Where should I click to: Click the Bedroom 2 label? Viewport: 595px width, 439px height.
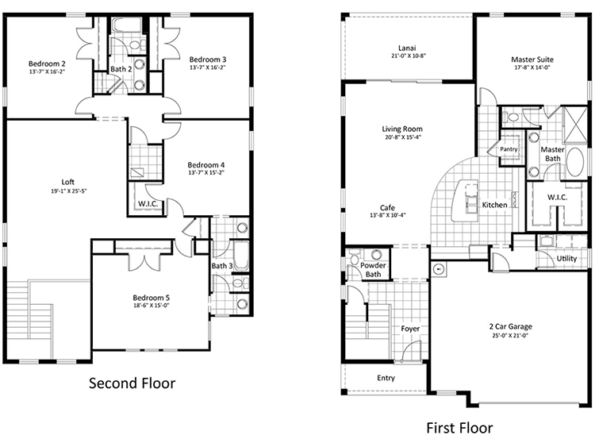pos(47,64)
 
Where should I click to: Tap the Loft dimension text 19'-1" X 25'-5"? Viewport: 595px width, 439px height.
pos(69,191)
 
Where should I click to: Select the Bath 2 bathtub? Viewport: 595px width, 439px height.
pos(127,25)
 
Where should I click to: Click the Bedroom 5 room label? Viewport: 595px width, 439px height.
pos(151,298)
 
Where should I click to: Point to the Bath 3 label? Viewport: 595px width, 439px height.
pos(222,266)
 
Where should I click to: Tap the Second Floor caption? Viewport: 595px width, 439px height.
pos(132,383)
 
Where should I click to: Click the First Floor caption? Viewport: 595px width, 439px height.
pos(459,428)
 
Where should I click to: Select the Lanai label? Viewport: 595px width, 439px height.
pos(407,48)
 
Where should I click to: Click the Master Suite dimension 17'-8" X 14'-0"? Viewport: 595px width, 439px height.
pos(532,67)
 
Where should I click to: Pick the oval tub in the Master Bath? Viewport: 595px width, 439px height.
pos(575,162)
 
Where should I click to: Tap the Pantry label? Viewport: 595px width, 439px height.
pos(509,149)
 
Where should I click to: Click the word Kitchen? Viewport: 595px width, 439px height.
pos(494,205)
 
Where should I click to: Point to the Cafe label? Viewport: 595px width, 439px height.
pos(387,208)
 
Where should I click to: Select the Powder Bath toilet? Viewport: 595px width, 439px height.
pos(354,259)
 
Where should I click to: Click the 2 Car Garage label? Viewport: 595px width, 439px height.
pos(510,326)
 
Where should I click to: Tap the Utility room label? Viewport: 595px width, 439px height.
pos(566,259)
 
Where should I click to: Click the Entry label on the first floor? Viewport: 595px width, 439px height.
pos(386,378)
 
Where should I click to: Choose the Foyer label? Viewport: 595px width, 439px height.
pos(410,329)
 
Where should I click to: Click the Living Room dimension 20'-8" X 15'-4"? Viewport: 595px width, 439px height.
pos(402,137)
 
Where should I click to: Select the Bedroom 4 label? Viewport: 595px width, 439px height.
pos(206,165)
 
